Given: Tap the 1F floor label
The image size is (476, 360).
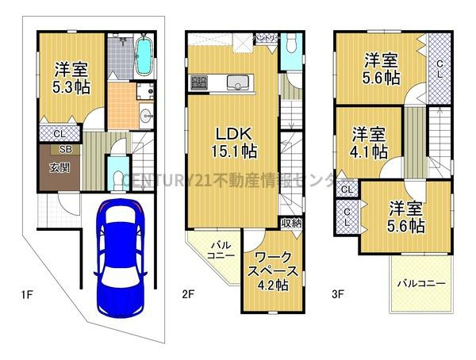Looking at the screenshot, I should coord(27,296).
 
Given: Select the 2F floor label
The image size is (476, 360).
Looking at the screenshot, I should coord(188,296).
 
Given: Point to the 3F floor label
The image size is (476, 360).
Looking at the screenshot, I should coord(338,296).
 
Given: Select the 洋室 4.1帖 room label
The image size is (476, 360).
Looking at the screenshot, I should coord(370,141).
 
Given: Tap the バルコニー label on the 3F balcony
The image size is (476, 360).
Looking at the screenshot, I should coord(420,282).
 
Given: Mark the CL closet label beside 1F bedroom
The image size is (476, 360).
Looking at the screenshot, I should coord(59,133).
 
